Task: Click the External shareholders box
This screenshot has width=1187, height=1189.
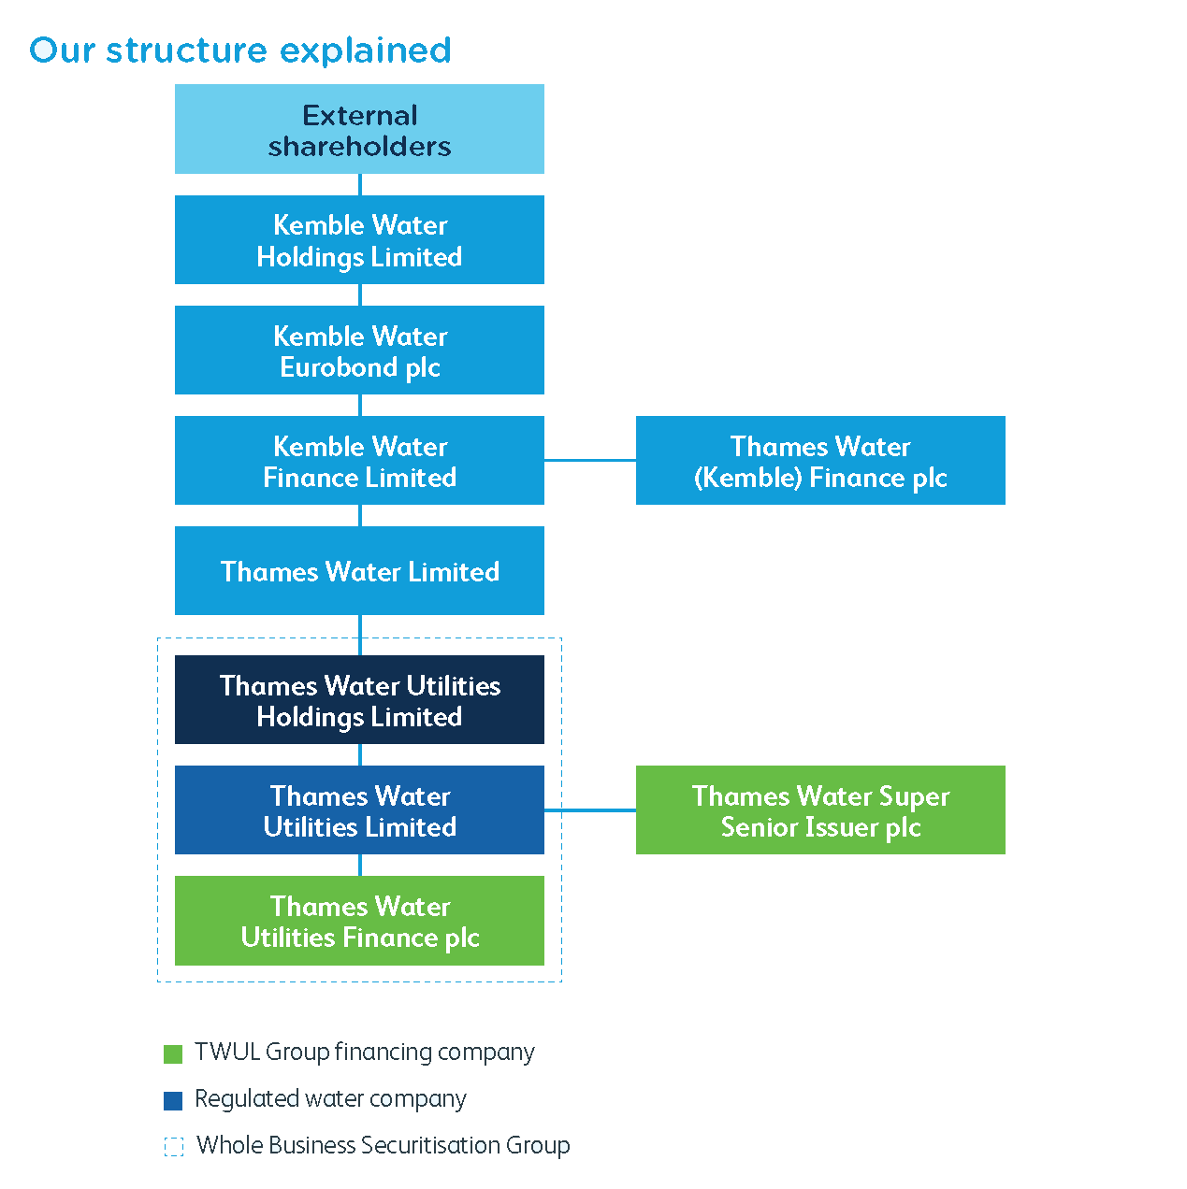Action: pyautogui.click(x=359, y=129)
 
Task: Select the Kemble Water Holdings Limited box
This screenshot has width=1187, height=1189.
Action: pyautogui.click(x=359, y=239)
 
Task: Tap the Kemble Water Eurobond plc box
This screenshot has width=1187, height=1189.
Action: pyautogui.click(x=359, y=350)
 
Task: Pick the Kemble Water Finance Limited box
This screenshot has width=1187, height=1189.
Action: pyautogui.click(x=359, y=460)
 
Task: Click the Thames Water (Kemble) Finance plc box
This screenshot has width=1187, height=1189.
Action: pyautogui.click(x=820, y=460)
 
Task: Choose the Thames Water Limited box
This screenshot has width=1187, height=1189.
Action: pyautogui.click(x=359, y=570)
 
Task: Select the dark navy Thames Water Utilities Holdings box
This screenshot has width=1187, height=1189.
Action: pyautogui.click(x=359, y=699)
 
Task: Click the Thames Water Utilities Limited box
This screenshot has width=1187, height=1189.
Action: pyautogui.click(x=359, y=809)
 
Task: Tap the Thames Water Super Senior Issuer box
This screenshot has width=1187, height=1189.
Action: pyautogui.click(x=820, y=809)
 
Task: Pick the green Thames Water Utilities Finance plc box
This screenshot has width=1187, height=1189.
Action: pyautogui.click(x=359, y=921)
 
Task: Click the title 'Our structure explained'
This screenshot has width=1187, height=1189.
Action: pyautogui.click(x=240, y=50)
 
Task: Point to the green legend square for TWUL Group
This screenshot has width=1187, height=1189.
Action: pyautogui.click(x=173, y=1054)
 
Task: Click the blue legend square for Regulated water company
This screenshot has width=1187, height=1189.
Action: pyautogui.click(x=173, y=1101)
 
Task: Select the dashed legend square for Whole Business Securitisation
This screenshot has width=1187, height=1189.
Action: pyautogui.click(x=174, y=1147)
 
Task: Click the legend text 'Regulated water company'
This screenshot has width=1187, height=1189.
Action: pyautogui.click(x=330, y=1099)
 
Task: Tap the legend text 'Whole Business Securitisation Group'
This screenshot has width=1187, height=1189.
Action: pyautogui.click(x=383, y=1146)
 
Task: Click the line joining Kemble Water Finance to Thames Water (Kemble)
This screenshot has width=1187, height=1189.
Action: pyautogui.click(x=590, y=460)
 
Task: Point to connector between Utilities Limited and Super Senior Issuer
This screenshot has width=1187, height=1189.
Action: pyautogui.click(x=590, y=809)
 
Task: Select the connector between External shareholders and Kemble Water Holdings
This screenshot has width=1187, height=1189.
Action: pyautogui.click(x=360, y=184)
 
